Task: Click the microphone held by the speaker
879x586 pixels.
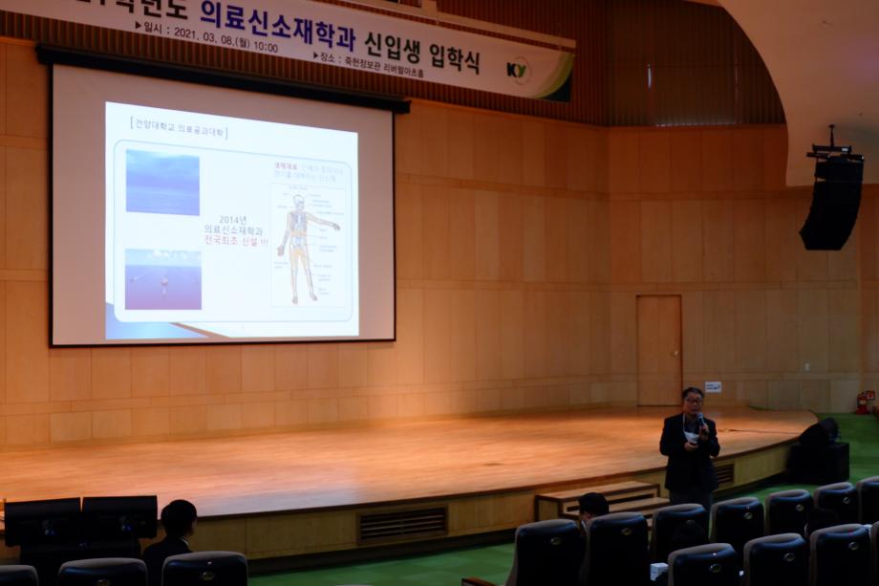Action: point(700,420)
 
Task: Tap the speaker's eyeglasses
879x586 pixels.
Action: point(693,400)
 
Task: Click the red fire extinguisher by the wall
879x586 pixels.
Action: point(864,402)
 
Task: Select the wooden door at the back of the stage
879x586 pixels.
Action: point(659,350)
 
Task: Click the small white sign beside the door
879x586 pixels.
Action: point(713,387)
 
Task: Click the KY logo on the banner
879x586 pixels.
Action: point(519,70)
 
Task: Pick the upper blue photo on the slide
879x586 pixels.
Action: point(162,182)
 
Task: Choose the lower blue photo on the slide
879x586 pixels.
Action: point(162,279)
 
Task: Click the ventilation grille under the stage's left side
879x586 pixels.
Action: point(402,523)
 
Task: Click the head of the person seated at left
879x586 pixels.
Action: point(179,517)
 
